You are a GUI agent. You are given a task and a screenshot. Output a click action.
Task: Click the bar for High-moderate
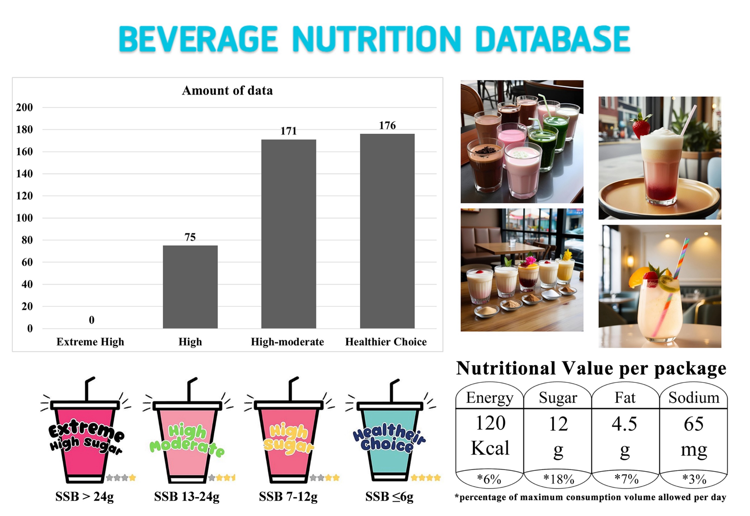point(289,234)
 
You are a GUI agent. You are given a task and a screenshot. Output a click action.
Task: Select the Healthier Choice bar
point(387,231)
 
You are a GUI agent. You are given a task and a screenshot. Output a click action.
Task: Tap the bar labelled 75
point(190,287)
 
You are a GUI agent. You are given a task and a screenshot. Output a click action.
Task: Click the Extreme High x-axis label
point(90,342)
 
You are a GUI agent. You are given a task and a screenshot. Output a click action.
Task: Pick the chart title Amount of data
point(227,91)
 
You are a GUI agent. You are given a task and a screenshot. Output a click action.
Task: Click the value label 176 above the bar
point(387,126)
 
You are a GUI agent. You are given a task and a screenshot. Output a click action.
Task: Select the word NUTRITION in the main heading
point(376,39)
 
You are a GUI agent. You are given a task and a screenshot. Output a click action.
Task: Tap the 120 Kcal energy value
point(490,435)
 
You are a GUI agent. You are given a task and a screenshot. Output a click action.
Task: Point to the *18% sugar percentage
point(558,479)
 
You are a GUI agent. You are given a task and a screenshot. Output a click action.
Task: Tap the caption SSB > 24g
point(84,497)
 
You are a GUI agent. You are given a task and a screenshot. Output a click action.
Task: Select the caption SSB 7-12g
point(288,497)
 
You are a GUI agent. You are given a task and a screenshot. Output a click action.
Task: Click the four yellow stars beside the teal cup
point(426,477)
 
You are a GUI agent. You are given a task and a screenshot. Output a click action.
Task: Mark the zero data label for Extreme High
point(92,320)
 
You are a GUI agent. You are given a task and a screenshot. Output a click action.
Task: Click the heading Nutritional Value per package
point(591,369)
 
